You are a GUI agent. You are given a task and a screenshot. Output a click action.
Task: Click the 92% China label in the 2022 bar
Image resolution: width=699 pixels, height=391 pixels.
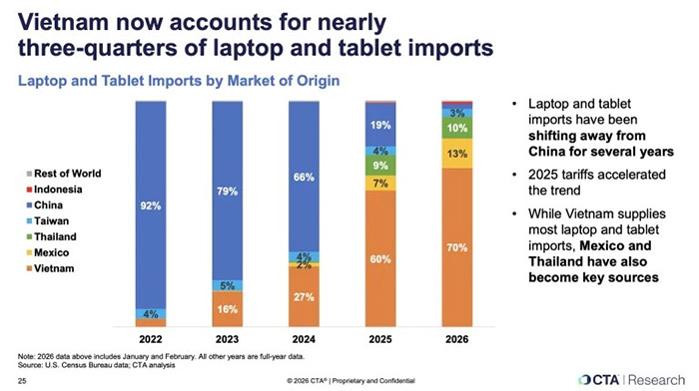coord(151,205)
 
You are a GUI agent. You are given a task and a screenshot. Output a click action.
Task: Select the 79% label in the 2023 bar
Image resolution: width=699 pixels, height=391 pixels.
coord(228,192)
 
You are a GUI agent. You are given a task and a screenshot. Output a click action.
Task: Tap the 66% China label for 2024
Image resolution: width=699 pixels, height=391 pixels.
coord(304,178)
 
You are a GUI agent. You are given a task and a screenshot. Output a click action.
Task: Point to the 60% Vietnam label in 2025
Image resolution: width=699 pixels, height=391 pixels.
coord(380,259)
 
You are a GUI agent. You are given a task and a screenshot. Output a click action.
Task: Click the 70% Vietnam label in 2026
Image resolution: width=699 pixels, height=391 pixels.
coord(457,247)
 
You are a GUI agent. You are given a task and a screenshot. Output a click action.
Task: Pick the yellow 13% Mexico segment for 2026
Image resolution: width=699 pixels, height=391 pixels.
coord(457,154)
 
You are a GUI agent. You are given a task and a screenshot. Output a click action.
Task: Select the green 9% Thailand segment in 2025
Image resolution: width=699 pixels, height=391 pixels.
coord(380,166)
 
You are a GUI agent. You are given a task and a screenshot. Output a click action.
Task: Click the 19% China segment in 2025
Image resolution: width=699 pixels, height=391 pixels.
coord(380,125)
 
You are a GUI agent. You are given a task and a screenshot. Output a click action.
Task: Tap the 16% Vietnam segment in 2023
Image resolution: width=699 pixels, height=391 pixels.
coord(228,309)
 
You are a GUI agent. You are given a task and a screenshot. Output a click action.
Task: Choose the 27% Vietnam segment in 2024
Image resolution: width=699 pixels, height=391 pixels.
coord(304,297)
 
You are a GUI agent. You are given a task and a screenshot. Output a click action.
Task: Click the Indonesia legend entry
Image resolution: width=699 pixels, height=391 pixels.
coord(54,190)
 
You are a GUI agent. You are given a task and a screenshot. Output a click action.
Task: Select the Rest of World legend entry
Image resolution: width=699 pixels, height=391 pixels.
coord(64,174)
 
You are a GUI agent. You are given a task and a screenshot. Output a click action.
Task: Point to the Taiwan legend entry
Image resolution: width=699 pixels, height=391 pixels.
coord(48,220)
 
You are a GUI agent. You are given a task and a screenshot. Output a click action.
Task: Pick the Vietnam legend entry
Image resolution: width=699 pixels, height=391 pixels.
coord(50,268)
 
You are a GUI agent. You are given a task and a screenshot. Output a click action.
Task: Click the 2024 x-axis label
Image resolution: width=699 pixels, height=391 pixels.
coord(304,339)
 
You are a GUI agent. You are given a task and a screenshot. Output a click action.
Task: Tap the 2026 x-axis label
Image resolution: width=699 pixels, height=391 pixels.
coord(457,339)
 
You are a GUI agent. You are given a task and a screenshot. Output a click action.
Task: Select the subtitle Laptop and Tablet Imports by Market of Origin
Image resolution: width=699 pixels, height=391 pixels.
coord(179,81)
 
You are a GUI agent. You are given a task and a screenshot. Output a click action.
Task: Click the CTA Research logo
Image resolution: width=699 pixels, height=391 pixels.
coord(631,380)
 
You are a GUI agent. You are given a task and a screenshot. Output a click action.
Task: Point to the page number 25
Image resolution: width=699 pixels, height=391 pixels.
coord(22,381)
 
